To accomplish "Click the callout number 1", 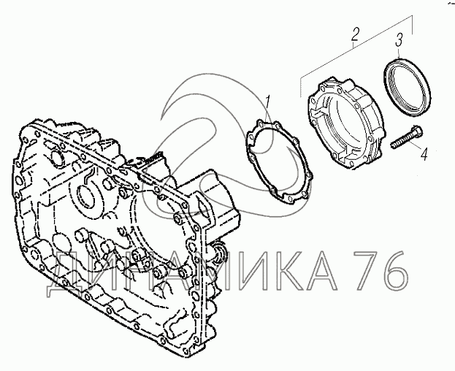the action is (267, 102).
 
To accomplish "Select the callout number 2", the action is (355, 34).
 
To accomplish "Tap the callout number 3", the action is (399, 39).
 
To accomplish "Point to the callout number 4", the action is (424, 154).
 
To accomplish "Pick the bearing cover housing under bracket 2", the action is (345, 123).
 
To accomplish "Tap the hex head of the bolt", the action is (417, 132).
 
